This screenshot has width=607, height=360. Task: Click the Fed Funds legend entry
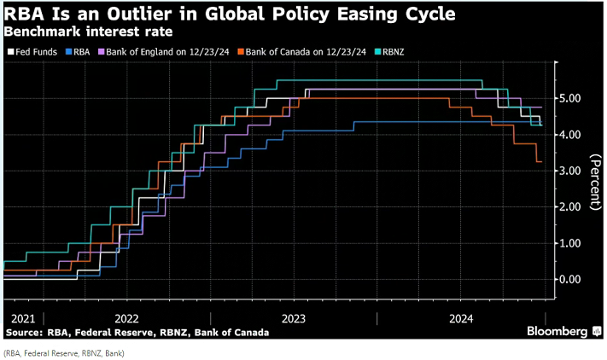point(32,50)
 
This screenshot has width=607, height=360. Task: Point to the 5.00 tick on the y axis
point(574,99)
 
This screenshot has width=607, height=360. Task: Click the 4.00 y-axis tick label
point(574,135)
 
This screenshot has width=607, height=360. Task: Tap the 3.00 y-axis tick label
point(574,171)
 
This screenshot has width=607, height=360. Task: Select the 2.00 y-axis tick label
point(574,206)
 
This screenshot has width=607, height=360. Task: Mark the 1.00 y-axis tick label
point(574,243)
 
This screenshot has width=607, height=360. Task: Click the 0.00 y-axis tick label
point(574,279)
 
